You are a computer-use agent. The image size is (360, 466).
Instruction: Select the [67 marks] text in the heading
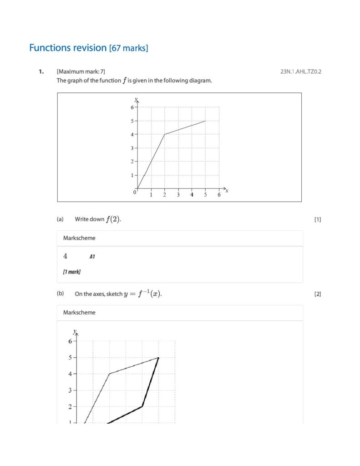(x=128, y=48)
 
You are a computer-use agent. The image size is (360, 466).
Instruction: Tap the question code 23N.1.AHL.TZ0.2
(x=301, y=71)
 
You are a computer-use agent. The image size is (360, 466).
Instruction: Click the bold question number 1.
(x=41, y=71)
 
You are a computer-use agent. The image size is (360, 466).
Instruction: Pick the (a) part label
(x=60, y=219)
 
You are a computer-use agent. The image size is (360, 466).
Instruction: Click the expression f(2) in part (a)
(x=113, y=219)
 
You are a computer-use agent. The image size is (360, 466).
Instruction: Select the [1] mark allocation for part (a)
(x=317, y=219)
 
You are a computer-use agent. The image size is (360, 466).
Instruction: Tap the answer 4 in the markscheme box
(x=66, y=256)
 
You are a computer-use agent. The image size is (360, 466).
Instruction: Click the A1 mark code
(x=92, y=257)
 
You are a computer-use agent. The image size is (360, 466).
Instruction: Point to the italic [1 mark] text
(x=72, y=272)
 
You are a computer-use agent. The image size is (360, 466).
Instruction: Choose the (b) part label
(x=60, y=294)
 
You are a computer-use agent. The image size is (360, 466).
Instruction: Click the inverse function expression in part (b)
(x=142, y=294)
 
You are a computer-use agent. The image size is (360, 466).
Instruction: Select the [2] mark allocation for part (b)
(x=317, y=294)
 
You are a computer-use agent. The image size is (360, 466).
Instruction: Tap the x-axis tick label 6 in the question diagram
(x=219, y=195)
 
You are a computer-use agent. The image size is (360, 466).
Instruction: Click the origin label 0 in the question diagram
(x=135, y=192)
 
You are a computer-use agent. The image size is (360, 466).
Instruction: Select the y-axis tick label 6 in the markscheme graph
(x=70, y=341)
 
